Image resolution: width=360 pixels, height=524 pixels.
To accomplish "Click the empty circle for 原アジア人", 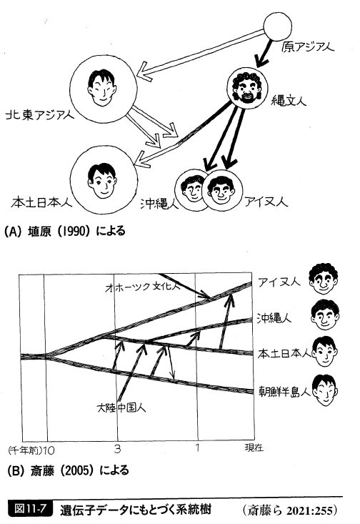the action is tap(277, 26).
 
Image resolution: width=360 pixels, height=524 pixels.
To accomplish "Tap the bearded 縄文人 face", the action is tap(247, 87).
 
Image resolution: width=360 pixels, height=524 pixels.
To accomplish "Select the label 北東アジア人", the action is tap(40, 116).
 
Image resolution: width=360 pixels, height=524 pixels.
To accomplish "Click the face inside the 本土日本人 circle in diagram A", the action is tap(101, 180).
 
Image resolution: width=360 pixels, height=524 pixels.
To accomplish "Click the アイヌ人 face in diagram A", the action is tap(221, 190).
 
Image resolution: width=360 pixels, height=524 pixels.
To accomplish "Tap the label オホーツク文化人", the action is tap(143, 287).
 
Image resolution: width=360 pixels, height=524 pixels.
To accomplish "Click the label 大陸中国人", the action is tap(121, 407).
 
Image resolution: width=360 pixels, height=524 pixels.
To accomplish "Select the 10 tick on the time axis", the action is tap(49, 450).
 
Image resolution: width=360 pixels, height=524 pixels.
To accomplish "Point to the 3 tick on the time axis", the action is tap(117, 449).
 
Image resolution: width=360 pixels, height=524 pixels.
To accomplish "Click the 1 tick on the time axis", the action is tap(197, 447).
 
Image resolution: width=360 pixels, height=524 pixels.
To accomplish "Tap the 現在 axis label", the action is tap(254, 448).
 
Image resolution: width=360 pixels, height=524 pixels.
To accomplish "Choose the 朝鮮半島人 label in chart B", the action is tap(284, 392).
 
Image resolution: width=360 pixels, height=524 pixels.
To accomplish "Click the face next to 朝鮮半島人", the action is tap(325, 390).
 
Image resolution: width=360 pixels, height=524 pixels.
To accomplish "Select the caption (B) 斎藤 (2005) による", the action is tap(68, 470).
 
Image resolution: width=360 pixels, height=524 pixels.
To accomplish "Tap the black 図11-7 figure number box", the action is tap(30, 508).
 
